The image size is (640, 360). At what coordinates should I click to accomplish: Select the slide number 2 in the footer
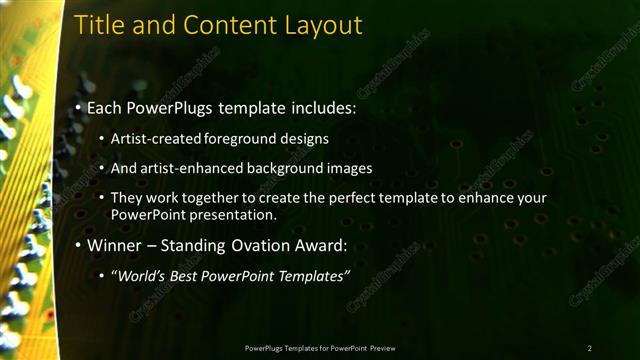[x=589, y=347]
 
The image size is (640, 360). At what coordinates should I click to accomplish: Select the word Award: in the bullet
[x=316, y=244]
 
